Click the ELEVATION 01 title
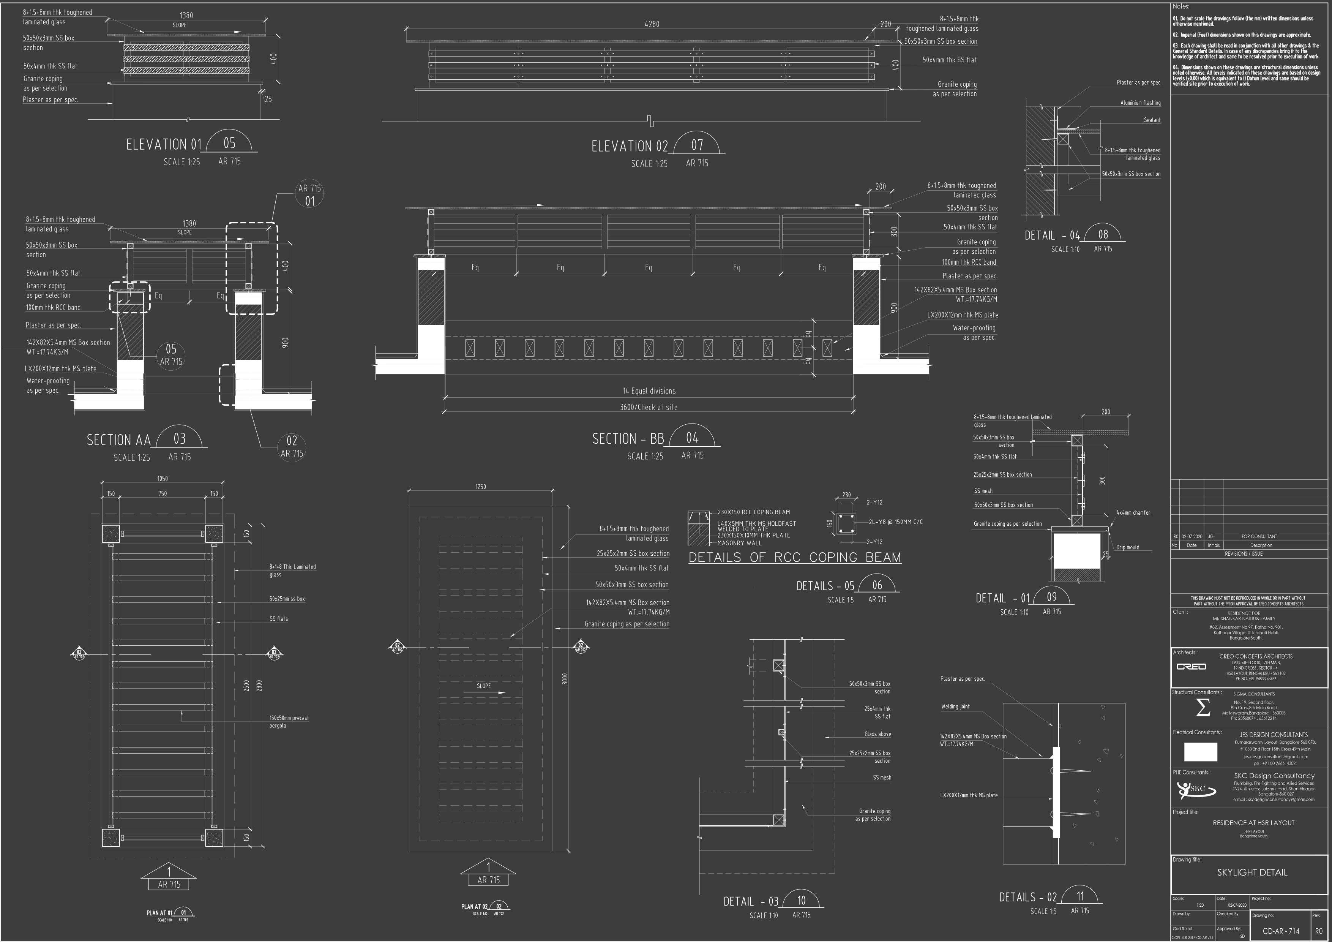point(164,144)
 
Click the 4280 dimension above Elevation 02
point(652,24)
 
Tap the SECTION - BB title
point(628,439)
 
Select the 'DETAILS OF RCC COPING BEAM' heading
point(794,558)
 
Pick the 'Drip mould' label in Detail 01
point(1127,547)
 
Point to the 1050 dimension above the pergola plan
point(163,479)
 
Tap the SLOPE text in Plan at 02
point(483,686)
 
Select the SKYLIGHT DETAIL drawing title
point(1252,873)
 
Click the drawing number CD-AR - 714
point(1280,931)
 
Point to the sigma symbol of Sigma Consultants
point(1203,708)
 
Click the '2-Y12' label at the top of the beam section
point(874,503)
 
